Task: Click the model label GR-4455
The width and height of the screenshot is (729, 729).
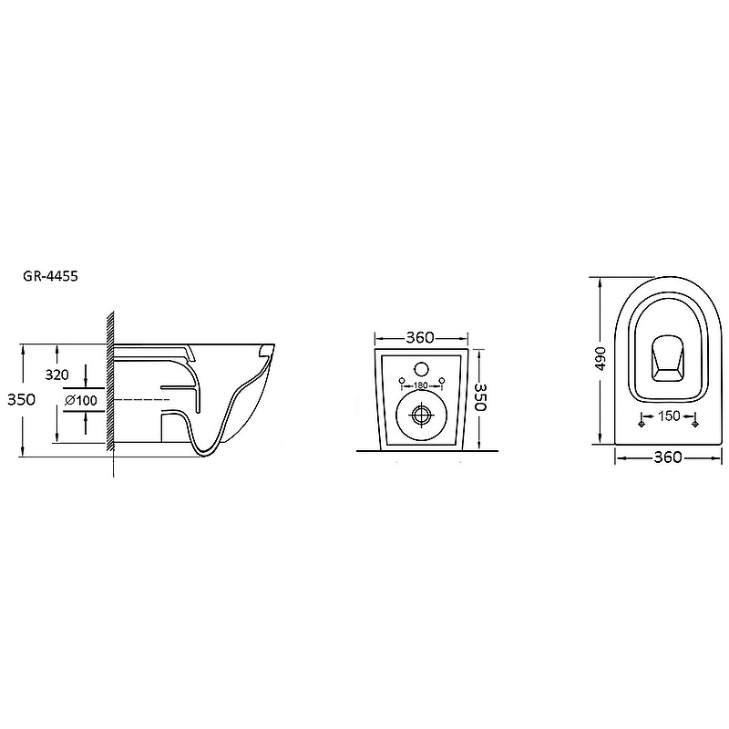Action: click(x=50, y=276)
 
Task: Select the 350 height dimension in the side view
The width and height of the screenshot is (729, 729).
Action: click(x=21, y=399)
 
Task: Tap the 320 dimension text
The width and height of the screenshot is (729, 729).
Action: click(x=56, y=375)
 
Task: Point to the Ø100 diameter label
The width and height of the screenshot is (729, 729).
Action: click(x=81, y=400)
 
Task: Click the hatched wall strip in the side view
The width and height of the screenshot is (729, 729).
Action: click(x=110, y=381)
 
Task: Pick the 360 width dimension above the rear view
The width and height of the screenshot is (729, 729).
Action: click(x=420, y=337)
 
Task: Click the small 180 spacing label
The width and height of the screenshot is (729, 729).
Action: click(x=421, y=385)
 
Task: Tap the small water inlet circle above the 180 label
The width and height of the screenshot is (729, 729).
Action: click(x=422, y=369)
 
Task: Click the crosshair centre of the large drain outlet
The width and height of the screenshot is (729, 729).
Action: click(x=422, y=415)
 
